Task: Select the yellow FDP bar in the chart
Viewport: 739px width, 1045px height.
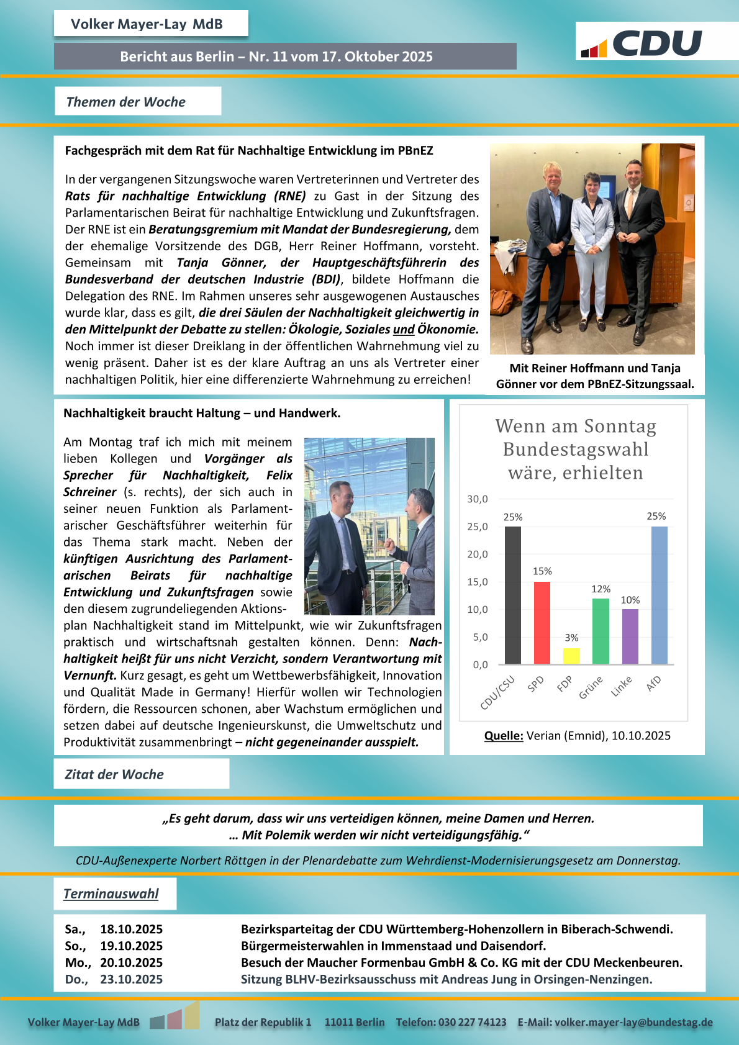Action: [571, 656]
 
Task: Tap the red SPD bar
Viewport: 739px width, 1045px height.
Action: [542, 623]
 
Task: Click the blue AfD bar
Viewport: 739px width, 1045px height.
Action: [659, 595]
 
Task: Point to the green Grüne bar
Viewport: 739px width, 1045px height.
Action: [601, 631]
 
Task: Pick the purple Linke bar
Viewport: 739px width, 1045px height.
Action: [630, 636]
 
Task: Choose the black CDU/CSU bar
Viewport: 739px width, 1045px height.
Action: [512, 595]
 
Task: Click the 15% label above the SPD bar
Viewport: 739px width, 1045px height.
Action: [542, 571]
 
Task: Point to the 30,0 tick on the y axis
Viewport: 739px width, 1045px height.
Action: [478, 499]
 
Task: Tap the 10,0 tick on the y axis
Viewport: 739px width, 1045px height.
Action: [478, 609]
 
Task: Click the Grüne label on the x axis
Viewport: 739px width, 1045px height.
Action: [591, 687]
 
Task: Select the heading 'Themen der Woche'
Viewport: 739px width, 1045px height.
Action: [126, 102]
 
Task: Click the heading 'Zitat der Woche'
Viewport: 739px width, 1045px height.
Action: [114, 774]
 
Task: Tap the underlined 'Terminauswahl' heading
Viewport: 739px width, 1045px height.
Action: [111, 893]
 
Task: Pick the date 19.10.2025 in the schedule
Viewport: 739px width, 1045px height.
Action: [132, 946]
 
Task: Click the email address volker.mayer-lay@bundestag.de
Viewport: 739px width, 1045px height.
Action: [633, 1022]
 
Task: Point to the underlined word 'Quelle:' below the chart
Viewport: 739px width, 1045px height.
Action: [504, 736]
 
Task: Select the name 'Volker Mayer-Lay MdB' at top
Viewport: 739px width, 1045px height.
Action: [147, 24]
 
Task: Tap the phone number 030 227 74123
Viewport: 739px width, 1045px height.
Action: [472, 1022]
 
